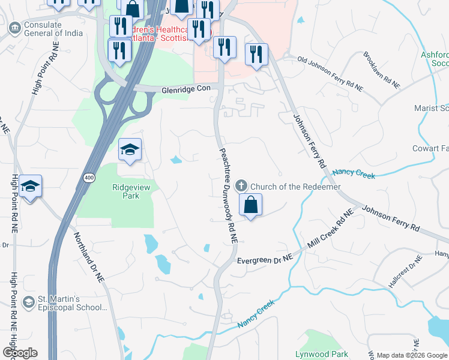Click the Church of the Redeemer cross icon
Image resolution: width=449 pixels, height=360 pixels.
tap(241, 187)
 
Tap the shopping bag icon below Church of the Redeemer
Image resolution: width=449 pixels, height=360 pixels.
tap(251, 205)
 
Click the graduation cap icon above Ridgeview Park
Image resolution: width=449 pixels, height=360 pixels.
tap(130, 150)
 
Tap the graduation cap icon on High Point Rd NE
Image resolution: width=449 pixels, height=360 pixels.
tap(29, 186)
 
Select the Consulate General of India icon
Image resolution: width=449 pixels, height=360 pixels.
tap(14, 27)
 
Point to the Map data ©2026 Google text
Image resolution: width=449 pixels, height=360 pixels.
tap(412, 355)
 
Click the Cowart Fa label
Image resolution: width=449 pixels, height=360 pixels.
tap(430, 148)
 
